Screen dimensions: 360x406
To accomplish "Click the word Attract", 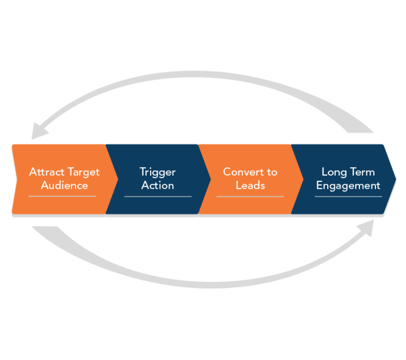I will coord(46,172).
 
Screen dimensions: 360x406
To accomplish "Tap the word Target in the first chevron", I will coord(82,172).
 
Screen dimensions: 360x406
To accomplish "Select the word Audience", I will coord(64,186).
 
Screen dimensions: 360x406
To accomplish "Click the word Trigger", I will coord(158,172).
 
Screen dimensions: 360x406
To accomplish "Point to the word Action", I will coord(158,186).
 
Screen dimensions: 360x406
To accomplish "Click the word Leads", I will coord(250,186).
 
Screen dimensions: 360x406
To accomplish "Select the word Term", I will coord(364,172).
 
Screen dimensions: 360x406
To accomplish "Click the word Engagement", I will coord(348,186).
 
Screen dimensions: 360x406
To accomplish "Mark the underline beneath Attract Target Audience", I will coord(62,197).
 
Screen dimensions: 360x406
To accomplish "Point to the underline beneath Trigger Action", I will coord(158,197).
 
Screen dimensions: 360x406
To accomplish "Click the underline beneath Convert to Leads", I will coord(250,197).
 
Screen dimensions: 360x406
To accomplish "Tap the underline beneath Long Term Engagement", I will coord(348,197).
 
